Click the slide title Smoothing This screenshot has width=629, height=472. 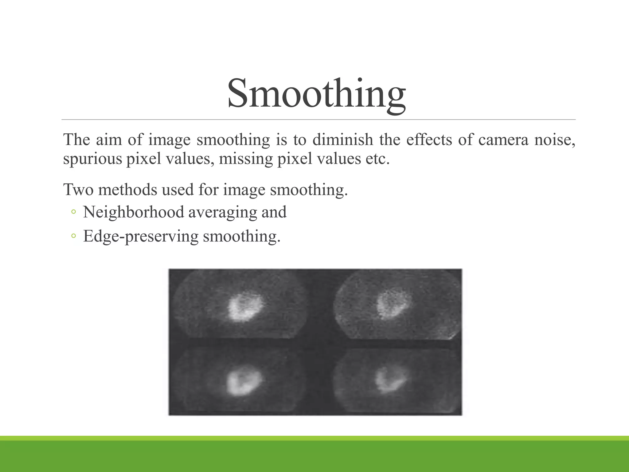pyautogui.click(x=316, y=93)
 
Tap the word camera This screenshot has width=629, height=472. pyautogui.click(x=503, y=140)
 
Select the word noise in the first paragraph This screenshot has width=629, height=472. pyautogui.click(x=555, y=140)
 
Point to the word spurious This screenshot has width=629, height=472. pyautogui.click(x=92, y=159)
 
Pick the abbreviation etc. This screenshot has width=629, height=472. pyautogui.click(x=377, y=159)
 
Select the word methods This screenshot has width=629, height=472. pyautogui.click(x=127, y=189)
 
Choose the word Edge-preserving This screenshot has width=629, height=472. pyautogui.click(x=141, y=237)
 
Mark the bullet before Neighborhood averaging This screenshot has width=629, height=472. pyautogui.click(x=73, y=212)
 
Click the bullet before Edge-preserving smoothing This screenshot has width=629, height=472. pyautogui.click(x=73, y=236)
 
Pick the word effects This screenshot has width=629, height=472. pyautogui.click(x=429, y=140)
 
